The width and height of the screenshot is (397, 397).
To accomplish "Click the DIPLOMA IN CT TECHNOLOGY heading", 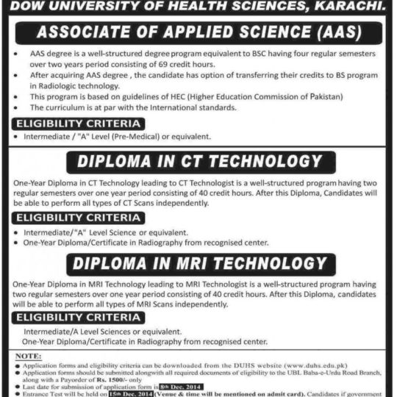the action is [198, 161].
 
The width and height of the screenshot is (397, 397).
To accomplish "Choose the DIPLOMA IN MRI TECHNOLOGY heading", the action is [198, 263].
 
